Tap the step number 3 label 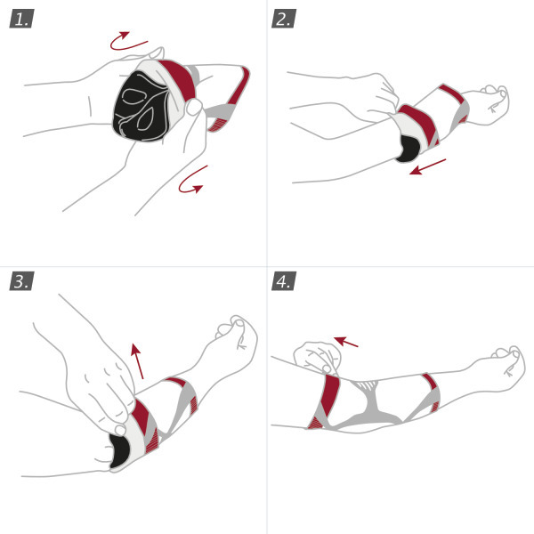tap(22, 283)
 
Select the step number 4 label tap(285, 283)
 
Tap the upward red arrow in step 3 tap(137, 360)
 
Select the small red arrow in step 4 tap(346, 340)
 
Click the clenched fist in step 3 tap(238, 334)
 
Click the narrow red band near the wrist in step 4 tap(432, 392)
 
